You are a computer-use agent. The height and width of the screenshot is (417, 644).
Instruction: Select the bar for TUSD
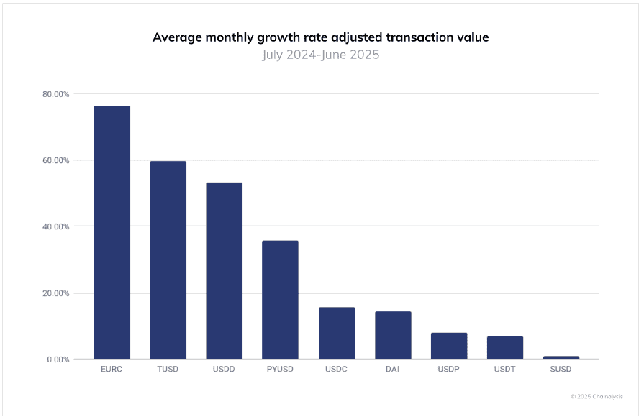[168, 260]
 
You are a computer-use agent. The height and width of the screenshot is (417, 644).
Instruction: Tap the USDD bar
[224, 270]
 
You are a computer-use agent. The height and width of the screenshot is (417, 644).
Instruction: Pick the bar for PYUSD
[280, 300]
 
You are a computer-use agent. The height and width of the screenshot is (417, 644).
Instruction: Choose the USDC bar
[337, 333]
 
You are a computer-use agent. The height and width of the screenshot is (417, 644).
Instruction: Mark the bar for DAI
[393, 335]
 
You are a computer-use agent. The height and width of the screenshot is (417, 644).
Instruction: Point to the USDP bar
[449, 346]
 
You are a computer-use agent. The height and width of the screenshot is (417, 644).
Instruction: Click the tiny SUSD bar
[561, 357]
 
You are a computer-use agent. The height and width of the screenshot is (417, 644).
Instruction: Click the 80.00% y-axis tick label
[55, 94]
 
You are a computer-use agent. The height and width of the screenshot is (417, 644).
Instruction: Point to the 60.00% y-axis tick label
[55, 160]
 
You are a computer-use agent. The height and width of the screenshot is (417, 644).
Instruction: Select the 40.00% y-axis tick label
[55, 226]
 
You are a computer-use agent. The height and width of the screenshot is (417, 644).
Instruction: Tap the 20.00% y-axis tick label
[55, 293]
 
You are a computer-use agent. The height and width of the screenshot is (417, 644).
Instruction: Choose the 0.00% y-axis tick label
[58, 359]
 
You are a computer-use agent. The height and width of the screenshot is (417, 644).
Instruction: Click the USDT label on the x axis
[505, 370]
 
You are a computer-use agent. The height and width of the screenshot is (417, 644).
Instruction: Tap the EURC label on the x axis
[112, 370]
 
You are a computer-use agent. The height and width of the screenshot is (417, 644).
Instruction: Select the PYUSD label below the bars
[280, 370]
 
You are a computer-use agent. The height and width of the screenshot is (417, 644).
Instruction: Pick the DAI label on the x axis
[393, 370]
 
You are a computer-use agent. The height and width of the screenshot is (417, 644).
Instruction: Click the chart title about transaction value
[320, 37]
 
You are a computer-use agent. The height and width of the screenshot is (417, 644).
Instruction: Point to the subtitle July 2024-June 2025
[320, 55]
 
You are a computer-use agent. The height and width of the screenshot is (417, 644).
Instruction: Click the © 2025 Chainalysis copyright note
[597, 396]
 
